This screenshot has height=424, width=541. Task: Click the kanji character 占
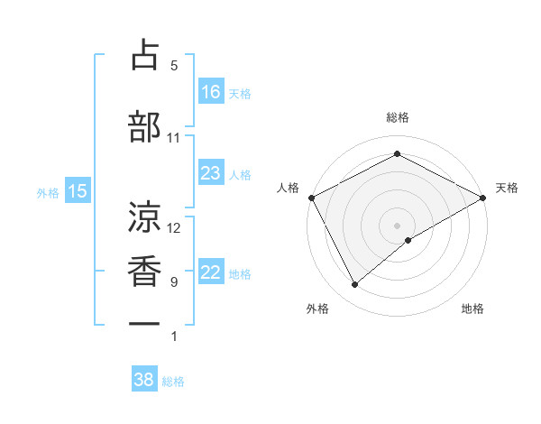pos(144,55)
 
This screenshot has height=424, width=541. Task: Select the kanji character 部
pos(144,126)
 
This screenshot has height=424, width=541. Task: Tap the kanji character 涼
pos(144,216)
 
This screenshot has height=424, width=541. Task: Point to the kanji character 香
pos(144,270)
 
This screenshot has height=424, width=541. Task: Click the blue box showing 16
pos(211,91)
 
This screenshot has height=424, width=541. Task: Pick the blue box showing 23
pos(211,173)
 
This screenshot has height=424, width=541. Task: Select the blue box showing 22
pos(211,273)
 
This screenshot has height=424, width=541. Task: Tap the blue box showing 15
pos(78,190)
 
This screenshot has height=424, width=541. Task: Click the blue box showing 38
pos(144,380)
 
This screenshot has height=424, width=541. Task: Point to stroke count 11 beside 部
pos(173,138)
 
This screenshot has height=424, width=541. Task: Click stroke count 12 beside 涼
pos(174,227)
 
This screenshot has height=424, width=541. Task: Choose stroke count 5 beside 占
pos(173,66)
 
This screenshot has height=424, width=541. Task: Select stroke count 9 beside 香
pos(173,282)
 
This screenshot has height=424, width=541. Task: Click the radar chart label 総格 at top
pos(397,117)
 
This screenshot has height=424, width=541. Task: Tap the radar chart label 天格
pos(507,188)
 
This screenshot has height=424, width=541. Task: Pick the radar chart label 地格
pos(472,309)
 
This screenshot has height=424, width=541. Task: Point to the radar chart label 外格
pos(317,309)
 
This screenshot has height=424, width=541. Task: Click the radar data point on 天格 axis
pos(483,197)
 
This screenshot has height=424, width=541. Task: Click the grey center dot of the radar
pos(397,225)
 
